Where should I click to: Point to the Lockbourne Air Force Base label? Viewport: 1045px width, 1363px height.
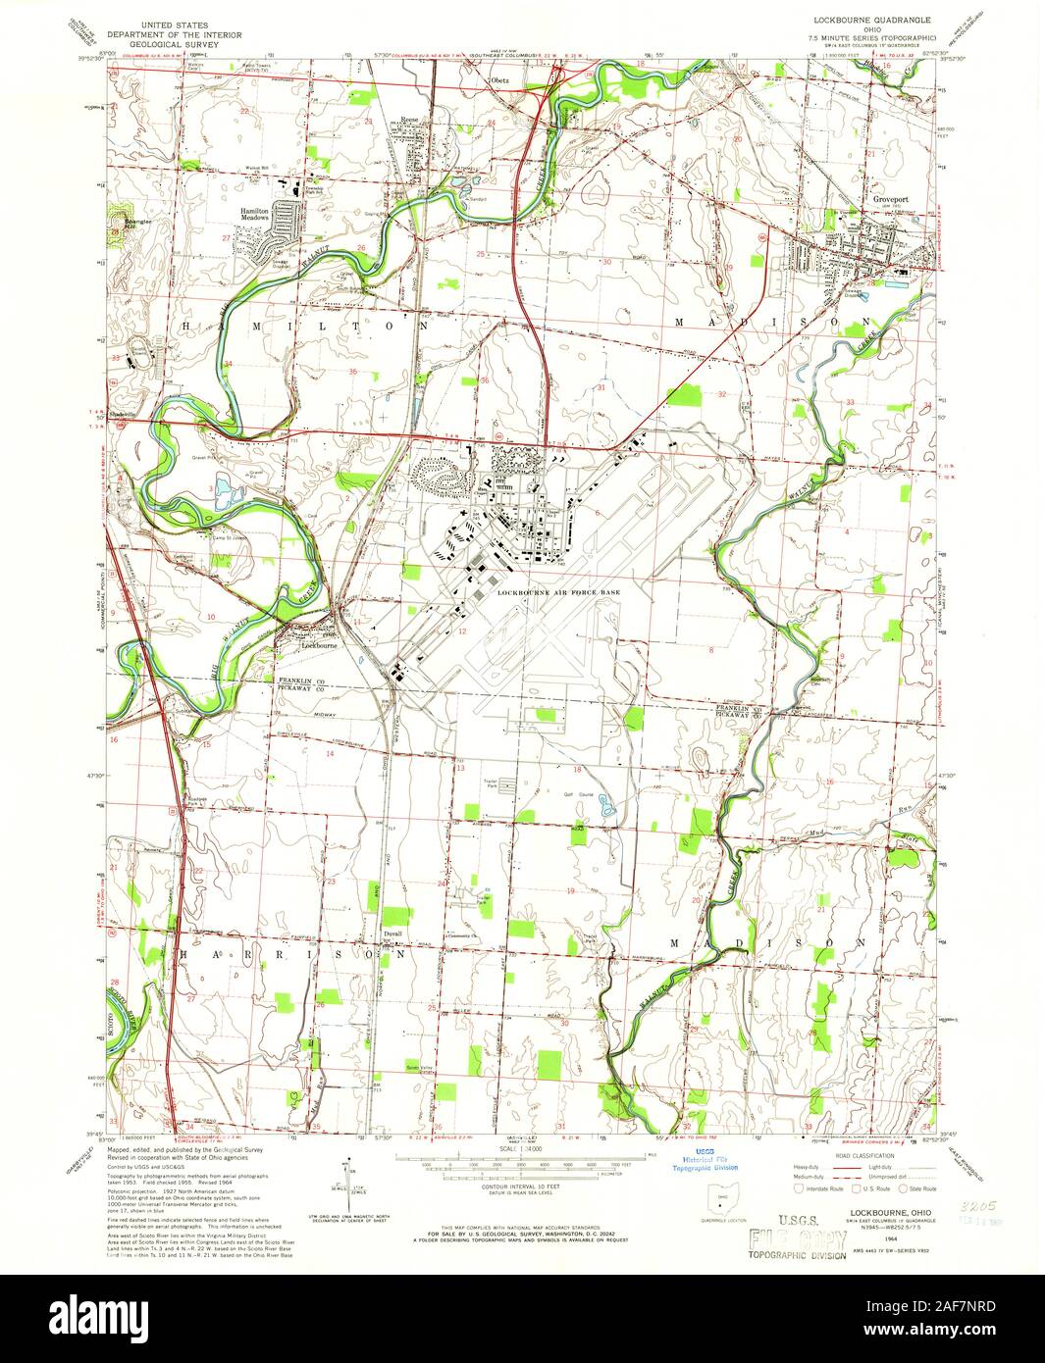[x=558, y=593]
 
